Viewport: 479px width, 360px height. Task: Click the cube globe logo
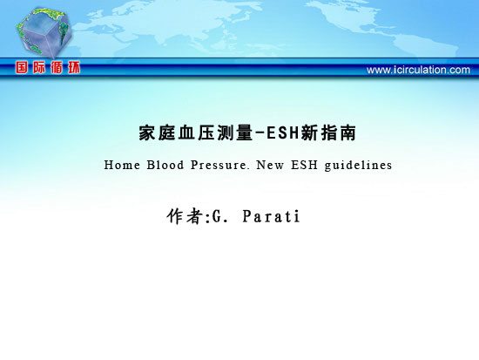pyautogui.click(x=44, y=32)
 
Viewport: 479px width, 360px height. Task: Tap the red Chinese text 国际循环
pyautogui.click(x=48, y=67)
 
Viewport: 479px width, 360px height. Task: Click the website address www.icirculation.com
pyautogui.click(x=418, y=70)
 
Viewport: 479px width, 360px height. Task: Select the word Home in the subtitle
pyautogui.click(x=122, y=165)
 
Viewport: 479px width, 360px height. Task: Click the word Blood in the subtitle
pyautogui.click(x=165, y=165)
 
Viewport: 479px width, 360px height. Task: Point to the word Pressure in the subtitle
pyautogui.click(x=219, y=165)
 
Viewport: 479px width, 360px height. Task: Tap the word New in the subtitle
pyautogui.click(x=270, y=165)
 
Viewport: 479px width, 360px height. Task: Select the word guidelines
pyautogui.click(x=358, y=166)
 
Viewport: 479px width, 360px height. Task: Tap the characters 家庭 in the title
pyautogui.click(x=157, y=133)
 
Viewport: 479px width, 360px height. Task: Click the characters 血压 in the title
pyautogui.click(x=196, y=133)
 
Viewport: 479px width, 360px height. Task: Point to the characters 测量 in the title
pyautogui.click(x=235, y=133)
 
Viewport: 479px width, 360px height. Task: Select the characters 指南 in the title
pyautogui.click(x=339, y=133)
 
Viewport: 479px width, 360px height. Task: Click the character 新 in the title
pyautogui.click(x=309, y=133)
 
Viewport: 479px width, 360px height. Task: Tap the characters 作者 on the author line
pyautogui.click(x=184, y=216)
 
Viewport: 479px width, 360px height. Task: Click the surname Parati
pyautogui.click(x=271, y=216)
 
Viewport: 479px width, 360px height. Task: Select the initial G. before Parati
pyautogui.click(x=220, y=216)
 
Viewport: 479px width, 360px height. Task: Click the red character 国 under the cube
pyautogui.click(x=22, y=67)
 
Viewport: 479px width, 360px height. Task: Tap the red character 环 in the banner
pyautogui.click(x=74, y=67)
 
